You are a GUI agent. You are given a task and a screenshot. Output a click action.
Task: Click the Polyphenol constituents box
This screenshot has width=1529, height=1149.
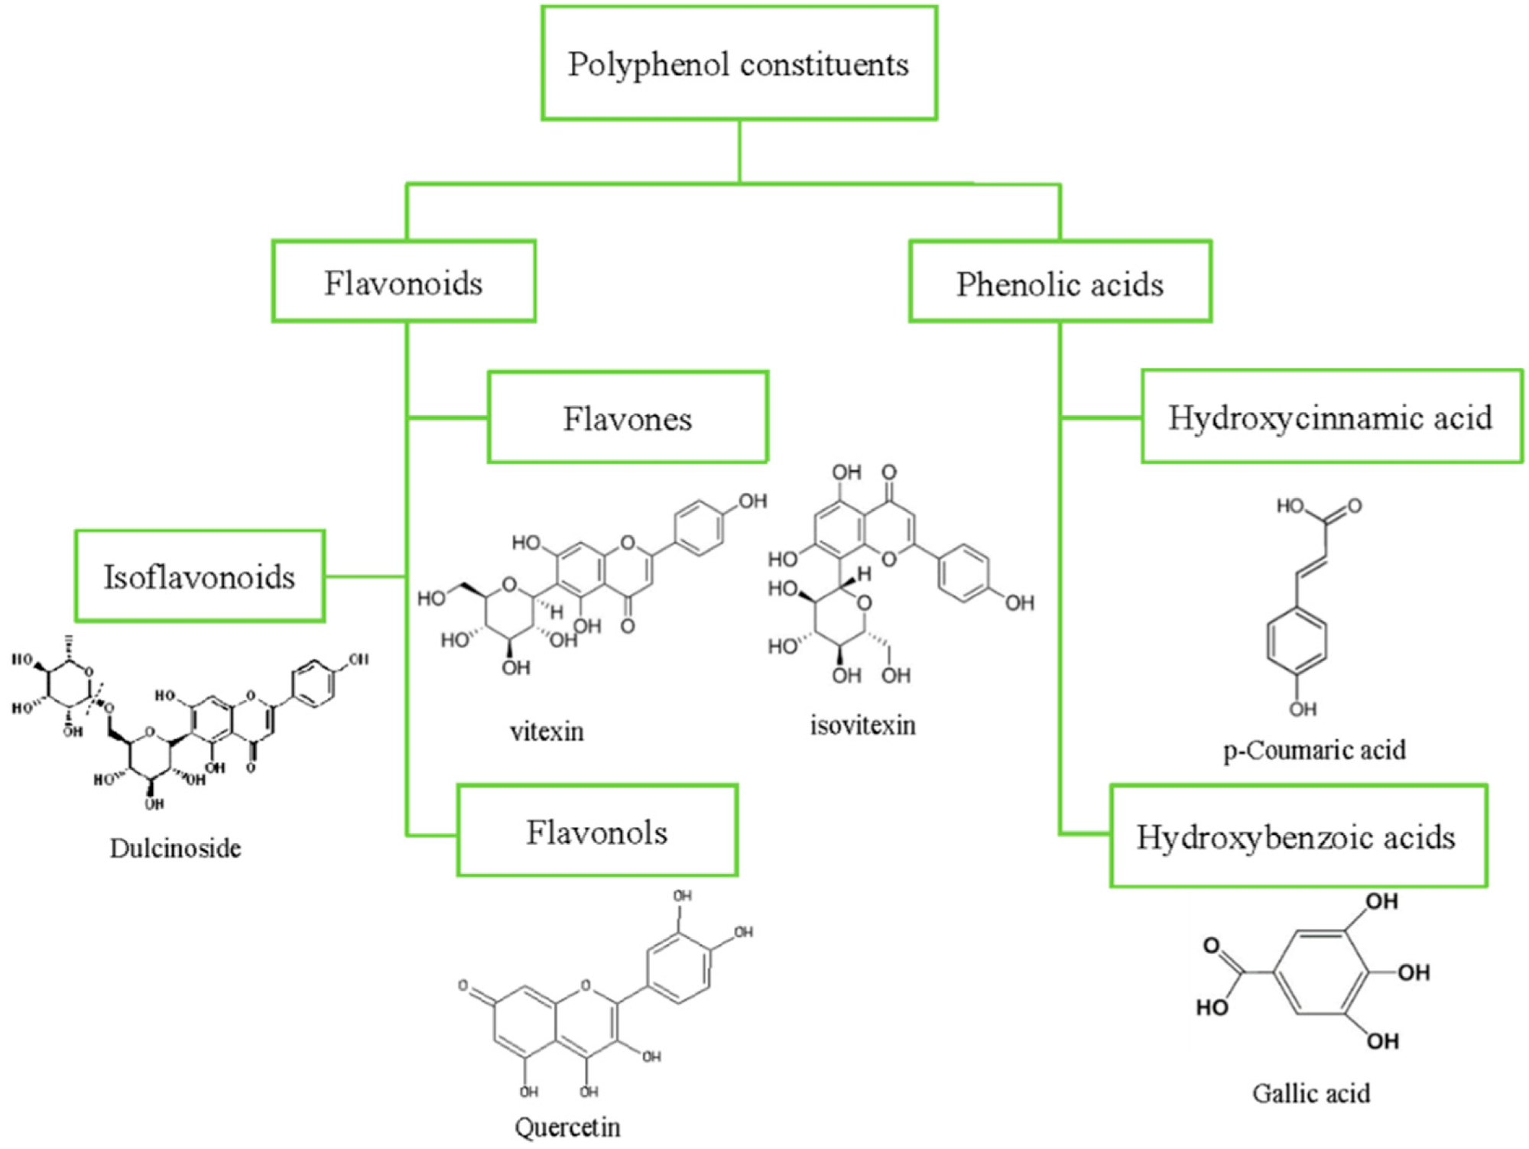click(739, 63)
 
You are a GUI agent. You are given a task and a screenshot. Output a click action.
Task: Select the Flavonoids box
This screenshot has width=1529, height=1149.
click(404, 282)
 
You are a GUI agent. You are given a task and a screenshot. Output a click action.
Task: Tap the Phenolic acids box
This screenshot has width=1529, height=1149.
click(1060, 283)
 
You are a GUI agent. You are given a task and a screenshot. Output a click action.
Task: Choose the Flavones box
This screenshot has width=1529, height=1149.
click(628, 418)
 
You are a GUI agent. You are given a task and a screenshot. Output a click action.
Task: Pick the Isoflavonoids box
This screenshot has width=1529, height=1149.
click(200, 576)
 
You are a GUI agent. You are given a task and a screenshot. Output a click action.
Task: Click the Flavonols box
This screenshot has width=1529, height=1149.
click(597, 831)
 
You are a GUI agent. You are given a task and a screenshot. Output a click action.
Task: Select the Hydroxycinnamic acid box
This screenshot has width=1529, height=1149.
click(1331, 417)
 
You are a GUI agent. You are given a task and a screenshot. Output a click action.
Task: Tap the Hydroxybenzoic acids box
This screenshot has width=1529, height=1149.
click(1297, 836)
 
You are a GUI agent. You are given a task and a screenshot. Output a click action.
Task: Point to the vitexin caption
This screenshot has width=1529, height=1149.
click(547, 732)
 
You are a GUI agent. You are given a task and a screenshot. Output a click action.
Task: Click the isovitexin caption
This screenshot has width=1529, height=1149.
click(863, 725)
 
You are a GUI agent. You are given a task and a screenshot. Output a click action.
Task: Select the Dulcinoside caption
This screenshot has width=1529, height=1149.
click(175, 848)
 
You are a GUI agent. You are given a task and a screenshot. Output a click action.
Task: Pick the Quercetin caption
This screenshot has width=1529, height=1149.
click(567, 1127)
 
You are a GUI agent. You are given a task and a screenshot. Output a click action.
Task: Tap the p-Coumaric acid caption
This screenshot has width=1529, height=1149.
click(1314, 750)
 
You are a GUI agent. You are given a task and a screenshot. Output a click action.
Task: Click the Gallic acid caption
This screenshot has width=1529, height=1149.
click(1310, 1093)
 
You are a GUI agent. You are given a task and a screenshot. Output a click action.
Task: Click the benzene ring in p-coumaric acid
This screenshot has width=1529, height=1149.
click(1297, 641)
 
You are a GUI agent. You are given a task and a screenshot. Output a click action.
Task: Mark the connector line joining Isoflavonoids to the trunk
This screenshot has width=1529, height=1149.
click(365, 576)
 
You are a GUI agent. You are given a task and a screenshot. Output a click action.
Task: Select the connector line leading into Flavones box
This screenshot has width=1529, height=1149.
click(448, 417)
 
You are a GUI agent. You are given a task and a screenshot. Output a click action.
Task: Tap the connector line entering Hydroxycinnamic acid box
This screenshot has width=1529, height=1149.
click(1101, 417)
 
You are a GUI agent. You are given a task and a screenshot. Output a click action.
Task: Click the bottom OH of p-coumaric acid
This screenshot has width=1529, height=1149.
click(1303, 709)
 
